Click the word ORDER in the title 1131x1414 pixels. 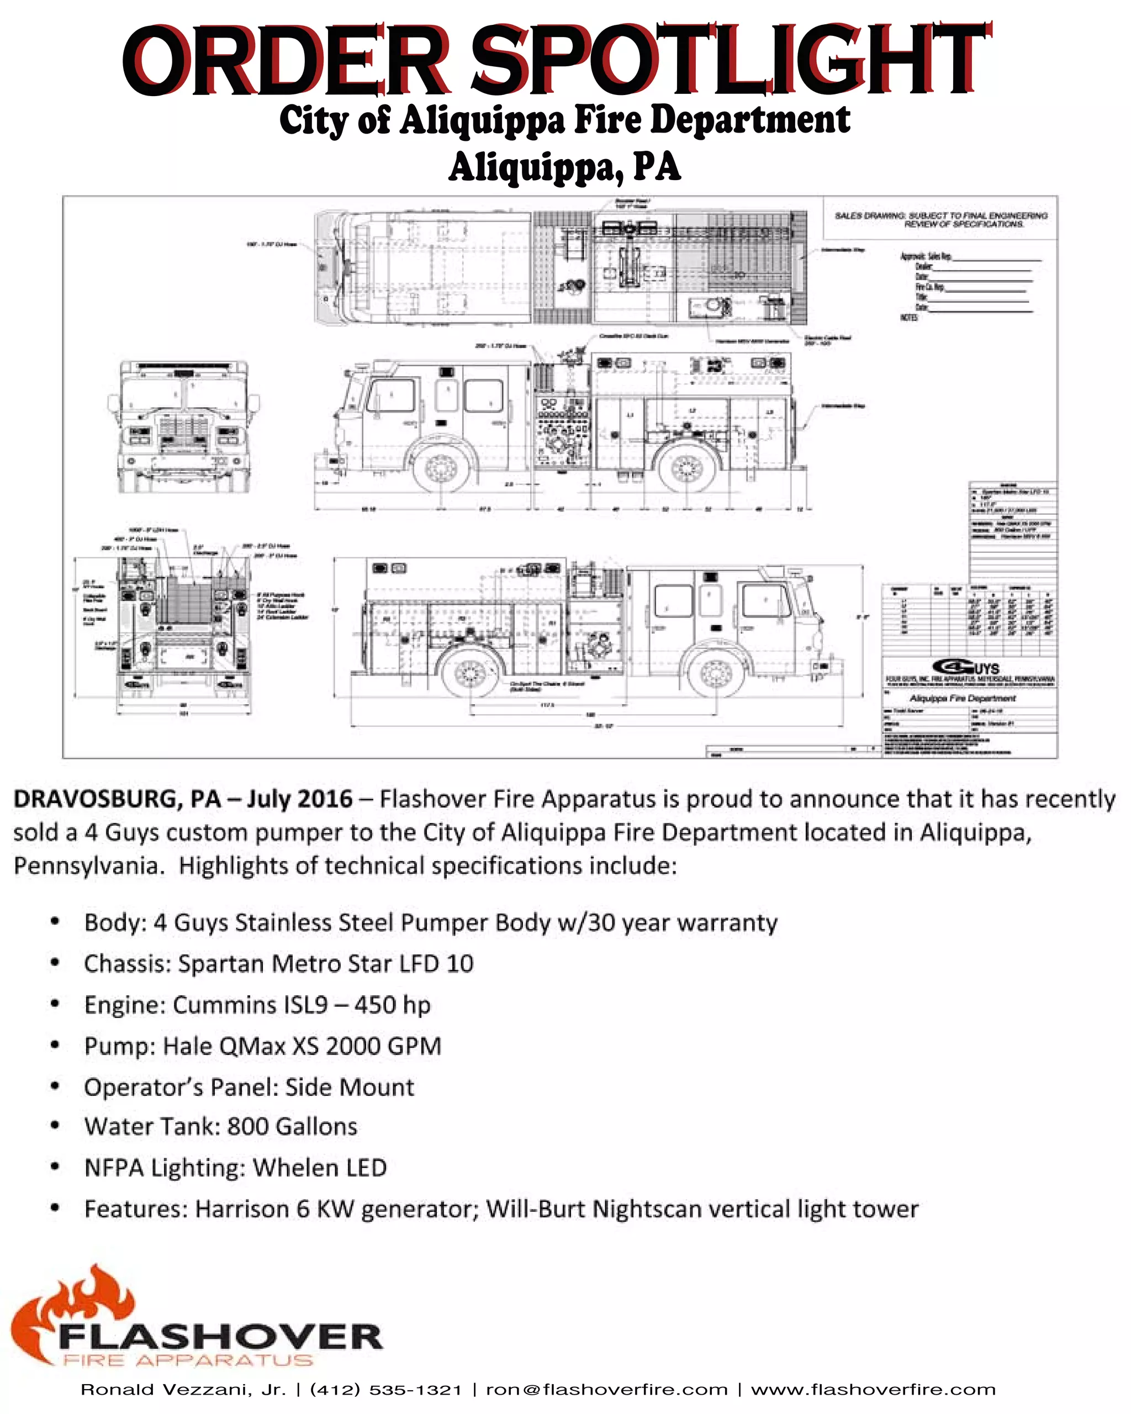[x=286, y=60]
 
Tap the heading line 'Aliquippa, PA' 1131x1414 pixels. [x=564, y=167]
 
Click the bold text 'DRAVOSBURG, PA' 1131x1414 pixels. [x=117, y=799]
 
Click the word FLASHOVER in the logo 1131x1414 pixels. [x=220, y=1337]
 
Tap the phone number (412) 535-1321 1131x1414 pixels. [x=386, y=1389]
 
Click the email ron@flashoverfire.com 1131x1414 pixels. [x=606, y=1389]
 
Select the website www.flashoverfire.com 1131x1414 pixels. [x=873, y=1389]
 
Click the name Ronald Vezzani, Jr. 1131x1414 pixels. [x=183, y=1389]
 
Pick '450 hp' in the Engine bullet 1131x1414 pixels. [x=392, y=1005]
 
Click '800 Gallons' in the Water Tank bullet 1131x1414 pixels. [x=293, y=1126]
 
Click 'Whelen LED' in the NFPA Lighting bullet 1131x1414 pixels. [x=320, y=1168]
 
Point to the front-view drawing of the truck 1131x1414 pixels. [x=183, y=426]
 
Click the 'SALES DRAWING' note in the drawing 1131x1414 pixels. [x=940, y=220]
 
